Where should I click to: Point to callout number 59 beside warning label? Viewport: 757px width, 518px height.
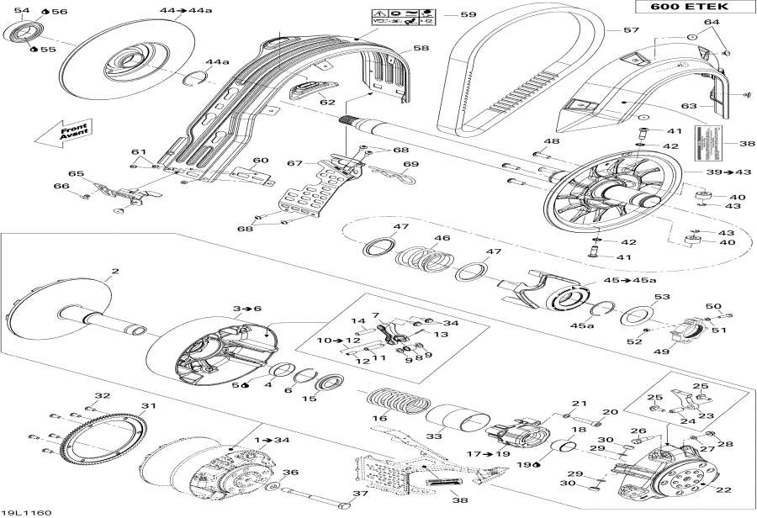(468, 14)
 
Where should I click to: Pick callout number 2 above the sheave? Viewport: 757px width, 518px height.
(115, 272)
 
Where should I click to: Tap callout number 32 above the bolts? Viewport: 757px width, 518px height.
(102, 395)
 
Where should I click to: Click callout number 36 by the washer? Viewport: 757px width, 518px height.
(290, 472)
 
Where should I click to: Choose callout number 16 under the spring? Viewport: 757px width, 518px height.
(380, 418)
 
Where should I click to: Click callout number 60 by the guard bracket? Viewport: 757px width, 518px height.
(260, 160)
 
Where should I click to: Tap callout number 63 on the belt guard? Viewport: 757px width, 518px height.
(689, 106)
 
